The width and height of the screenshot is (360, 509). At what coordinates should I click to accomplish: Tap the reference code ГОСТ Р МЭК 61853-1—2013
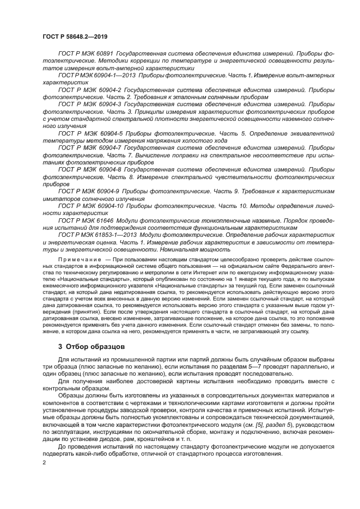pyautogui.click(x=94, y=233)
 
